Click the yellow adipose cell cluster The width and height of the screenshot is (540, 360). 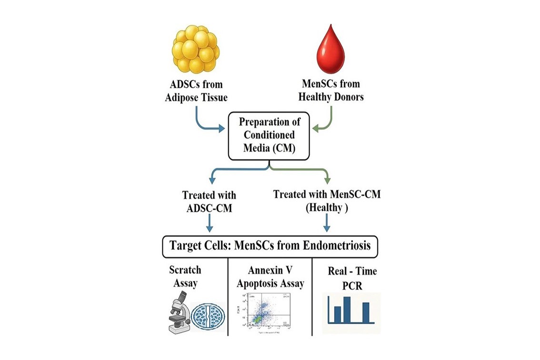click(x=195, y=48)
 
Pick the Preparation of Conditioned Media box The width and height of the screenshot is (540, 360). click(x=269, y=135)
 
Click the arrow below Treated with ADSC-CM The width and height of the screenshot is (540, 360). click(x=209, y=223)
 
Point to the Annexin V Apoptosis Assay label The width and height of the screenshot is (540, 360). click(x=270, y=278)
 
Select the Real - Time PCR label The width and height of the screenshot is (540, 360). click(x=352, y=278)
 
